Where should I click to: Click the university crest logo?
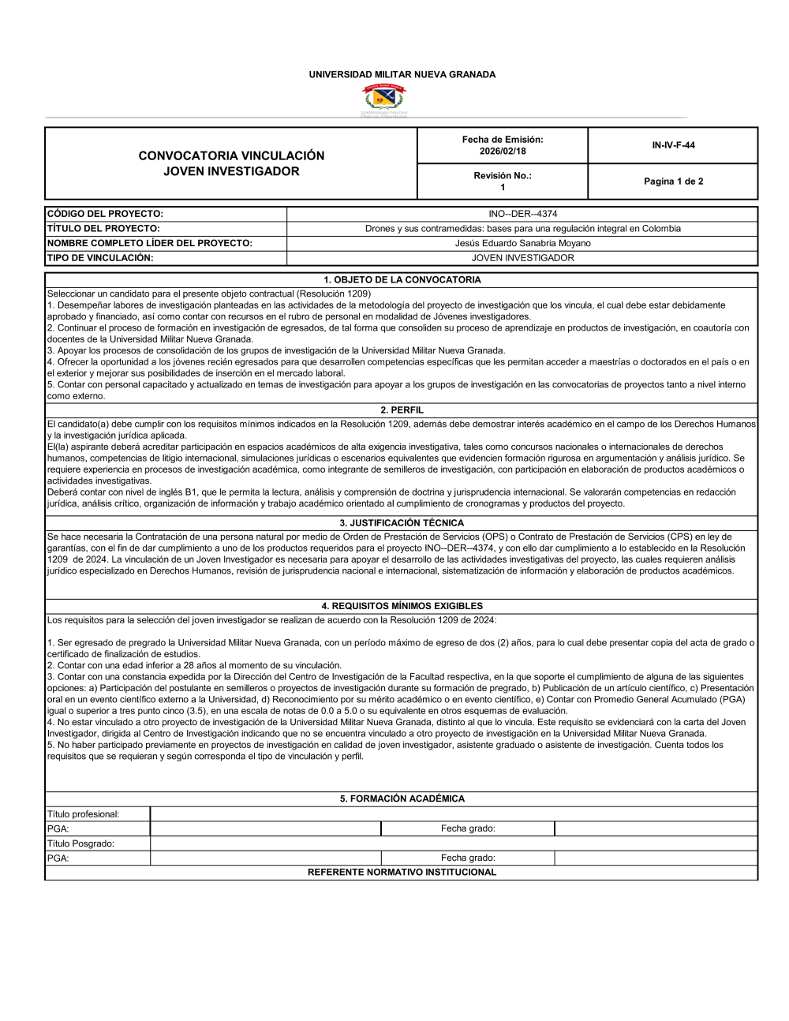click(x=384, y=99)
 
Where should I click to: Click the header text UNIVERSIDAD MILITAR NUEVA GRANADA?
click(x=402, y=75)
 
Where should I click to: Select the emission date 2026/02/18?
click(x=503, y=151)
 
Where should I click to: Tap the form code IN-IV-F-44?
click(x=673, y=145)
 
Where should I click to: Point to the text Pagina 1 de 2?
click(x=673, y=181)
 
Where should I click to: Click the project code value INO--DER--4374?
click(x=522, y=214)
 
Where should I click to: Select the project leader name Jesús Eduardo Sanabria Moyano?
click(x=522, y=243)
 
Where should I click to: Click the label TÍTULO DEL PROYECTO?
click(x=103, y=229)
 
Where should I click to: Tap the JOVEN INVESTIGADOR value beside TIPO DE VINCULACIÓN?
click(x=522, y=258)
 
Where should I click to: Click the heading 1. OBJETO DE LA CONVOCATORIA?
click(x=402, y=280)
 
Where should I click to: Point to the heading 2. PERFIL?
click(x=402, y=410)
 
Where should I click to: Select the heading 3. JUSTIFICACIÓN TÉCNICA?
click(x=402, y=523)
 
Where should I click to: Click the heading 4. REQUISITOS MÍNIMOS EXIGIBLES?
click(x=402, y=606)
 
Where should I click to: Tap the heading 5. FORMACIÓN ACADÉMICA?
click(x=402, y=798)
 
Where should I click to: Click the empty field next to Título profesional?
click(x=454, y=814)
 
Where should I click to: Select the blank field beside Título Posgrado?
click(x=454, y=843)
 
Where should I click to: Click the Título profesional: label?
click(x=84, y=814)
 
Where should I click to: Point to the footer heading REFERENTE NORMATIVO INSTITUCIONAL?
click(x=402, y=873)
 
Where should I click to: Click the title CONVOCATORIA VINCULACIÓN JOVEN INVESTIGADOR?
click(x=231, y=163)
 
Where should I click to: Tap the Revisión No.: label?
click(x=503, y=176)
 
